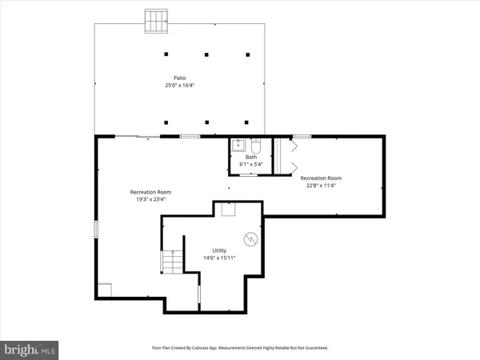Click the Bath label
click(251, 157)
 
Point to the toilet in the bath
click(255, 146)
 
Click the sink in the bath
click(237, 146)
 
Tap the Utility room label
click(219, 250)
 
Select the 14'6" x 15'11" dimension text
click(219, 258)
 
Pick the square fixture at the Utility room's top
click(229, 209)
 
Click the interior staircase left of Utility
click(171, 262)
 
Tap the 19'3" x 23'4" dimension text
click(151, 199)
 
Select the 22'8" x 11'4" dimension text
click(321, 186)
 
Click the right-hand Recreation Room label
click(321, 178)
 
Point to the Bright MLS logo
click(30, 349)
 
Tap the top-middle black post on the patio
click(206, 54)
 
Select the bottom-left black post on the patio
click(166, 122)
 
